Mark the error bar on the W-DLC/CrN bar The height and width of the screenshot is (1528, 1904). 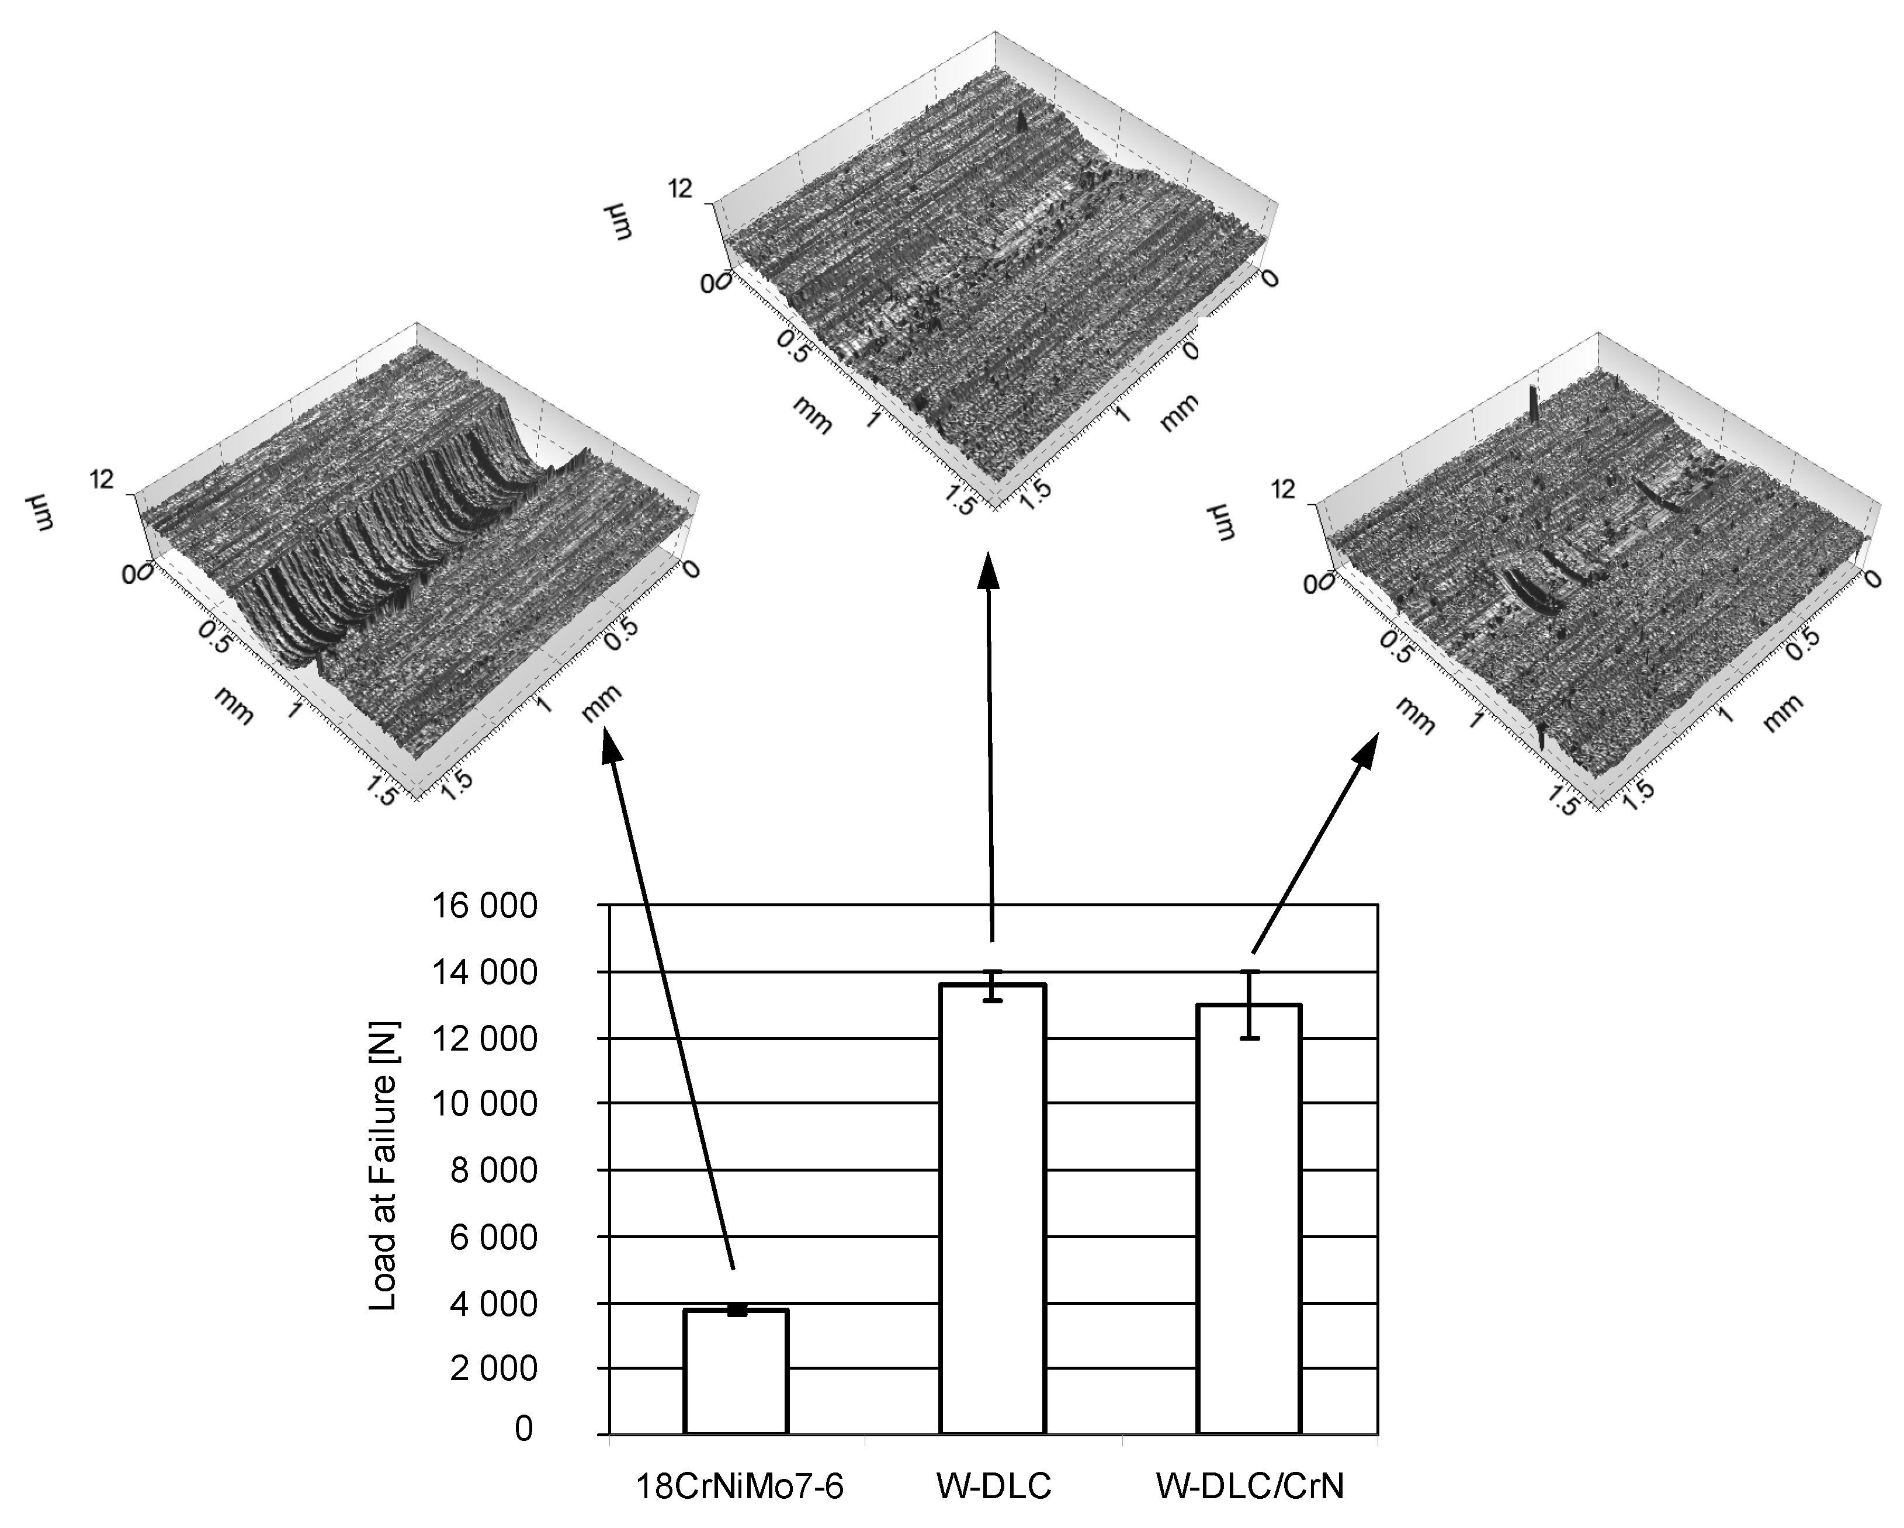click(1248, 1004)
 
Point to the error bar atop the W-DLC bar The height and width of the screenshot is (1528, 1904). click(993, 986)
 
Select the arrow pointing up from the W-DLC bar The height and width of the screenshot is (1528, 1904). click(990, 747)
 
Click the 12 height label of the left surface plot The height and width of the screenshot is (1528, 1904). click(102, 480)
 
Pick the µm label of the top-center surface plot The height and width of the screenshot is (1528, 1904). click(618, 221)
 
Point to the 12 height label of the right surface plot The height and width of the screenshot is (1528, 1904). click(1283, 488)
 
